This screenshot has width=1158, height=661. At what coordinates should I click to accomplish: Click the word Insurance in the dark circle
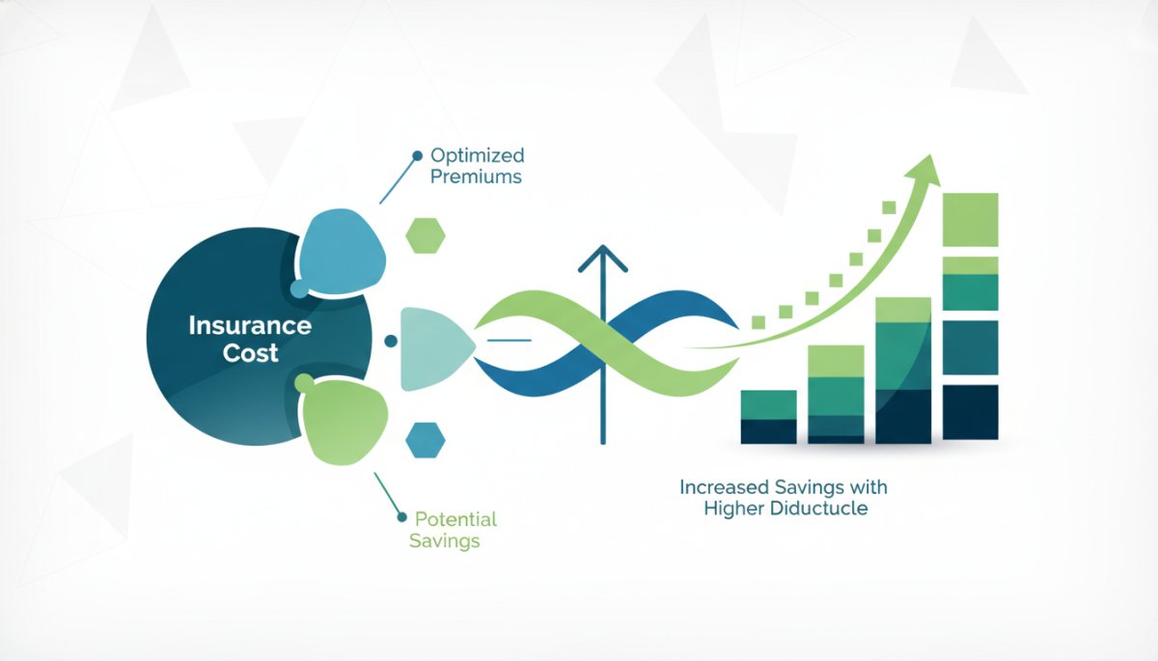coord(250,325)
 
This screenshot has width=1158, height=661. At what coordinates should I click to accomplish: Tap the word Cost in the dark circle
coord(250,353)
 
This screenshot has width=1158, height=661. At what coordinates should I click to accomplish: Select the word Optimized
coord(477,156)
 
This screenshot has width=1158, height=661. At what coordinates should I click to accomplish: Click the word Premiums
coord(476,177)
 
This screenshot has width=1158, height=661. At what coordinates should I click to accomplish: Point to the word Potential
coord(455,519)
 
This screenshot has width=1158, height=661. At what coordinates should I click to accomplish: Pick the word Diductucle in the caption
coord(819,508)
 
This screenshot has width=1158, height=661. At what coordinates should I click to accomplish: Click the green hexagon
coord(426,235)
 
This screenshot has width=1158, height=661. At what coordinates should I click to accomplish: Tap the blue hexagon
coord(426,440)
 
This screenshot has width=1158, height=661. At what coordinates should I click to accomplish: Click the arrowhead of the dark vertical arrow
coord(603,259)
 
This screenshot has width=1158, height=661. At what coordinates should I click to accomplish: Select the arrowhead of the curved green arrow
coord(925,171)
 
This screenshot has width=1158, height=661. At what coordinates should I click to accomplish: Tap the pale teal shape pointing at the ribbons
coord(435,349)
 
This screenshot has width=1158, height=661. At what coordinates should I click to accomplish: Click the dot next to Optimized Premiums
coord(417,155)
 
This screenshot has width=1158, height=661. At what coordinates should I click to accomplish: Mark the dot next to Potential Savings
coord(401,517)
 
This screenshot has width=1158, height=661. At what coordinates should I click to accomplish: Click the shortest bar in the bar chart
coord(769,417)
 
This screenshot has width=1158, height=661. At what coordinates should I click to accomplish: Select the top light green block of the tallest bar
coord(971,220)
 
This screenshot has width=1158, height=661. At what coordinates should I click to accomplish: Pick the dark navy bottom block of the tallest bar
coord(971,412)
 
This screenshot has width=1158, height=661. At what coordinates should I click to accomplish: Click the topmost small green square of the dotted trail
coord(889,207)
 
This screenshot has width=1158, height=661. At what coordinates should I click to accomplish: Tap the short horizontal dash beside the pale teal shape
coord(510,340)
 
